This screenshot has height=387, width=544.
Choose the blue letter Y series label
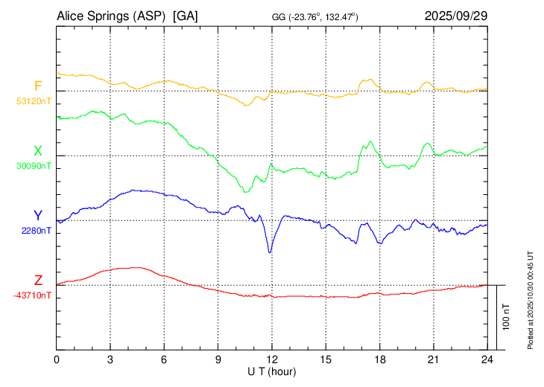tap(38, 216)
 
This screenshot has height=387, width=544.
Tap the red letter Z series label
tap(38, 281)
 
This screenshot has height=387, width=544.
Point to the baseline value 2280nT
tap(37, 231)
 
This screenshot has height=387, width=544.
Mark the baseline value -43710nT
tap(33, 295)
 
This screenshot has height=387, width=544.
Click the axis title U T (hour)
tap(272, 371)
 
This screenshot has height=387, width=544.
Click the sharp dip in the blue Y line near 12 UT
tap(270, 252)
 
